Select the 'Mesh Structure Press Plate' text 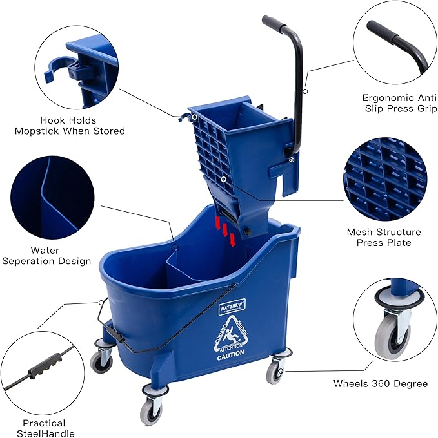[x=384, y=237]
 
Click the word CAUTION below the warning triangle [x=230, y=354]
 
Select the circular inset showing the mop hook [x=76, y=64]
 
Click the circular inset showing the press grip [x=394, y=43]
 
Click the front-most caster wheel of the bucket [x=152, y=406]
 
